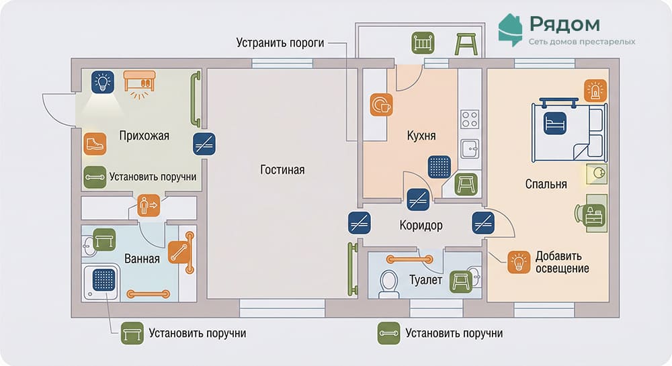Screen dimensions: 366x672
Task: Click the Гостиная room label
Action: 282,170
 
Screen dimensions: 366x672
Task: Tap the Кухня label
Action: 421,136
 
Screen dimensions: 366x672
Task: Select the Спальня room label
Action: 546,184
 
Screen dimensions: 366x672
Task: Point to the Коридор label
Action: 421,226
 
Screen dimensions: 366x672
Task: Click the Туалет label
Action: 425,279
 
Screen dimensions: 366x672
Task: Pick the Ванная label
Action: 142,259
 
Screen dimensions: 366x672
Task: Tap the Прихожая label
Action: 144,136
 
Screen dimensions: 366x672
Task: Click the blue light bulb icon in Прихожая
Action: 103,83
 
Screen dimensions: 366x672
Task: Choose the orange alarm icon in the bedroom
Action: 595,90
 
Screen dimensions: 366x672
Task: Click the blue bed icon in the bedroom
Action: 556,124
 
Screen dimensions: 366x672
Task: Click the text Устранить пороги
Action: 280,43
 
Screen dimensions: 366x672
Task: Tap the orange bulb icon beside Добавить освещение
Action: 518,261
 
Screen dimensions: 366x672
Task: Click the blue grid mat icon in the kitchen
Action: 439,167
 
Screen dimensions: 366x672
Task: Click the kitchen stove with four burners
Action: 469,120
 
